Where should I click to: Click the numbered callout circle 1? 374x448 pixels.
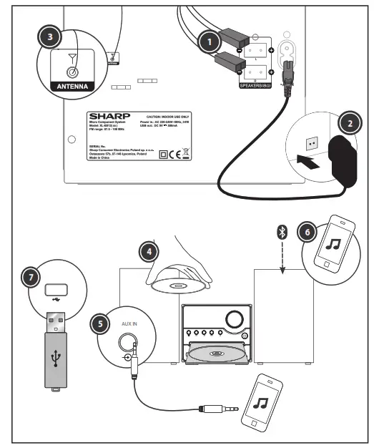pos(209,42)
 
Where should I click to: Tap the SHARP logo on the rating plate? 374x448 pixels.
pos(107,116)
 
